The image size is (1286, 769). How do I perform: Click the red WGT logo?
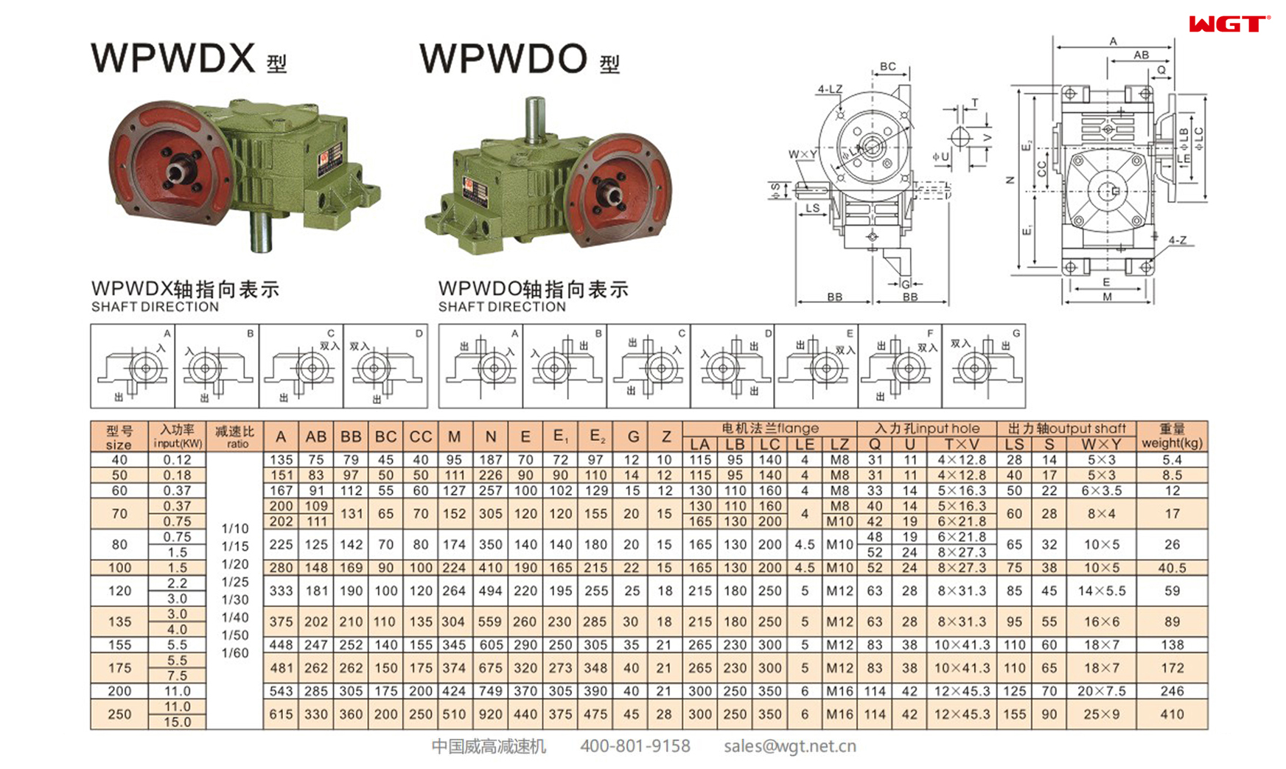click(x=1228, y=24)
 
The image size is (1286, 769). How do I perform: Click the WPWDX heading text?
click(x=173, y=58)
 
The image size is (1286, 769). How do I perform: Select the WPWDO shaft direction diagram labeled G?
click(x=983, y=366)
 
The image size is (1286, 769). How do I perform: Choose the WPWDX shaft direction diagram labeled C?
click(x=301, y=366)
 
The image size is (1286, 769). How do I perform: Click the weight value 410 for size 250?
click(x=1172, y=714)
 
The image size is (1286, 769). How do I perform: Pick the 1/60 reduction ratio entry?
click(x=235, y=653)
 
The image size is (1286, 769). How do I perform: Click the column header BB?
click(x=351, y=437)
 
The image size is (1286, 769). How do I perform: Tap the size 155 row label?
click(x=119, y=645)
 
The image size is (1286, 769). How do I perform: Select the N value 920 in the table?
click(x=490, y=714)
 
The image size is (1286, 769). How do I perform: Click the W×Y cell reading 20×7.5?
click(x=1101, y=692)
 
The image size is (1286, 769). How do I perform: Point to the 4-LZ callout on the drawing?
click(x=829, y=89)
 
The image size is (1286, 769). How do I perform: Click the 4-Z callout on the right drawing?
click(x=1177, y=240)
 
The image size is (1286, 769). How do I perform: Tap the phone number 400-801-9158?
click(x=635, y=746)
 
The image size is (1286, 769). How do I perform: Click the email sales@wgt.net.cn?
click(x=789, y=746)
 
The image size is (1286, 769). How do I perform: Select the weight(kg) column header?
click(x=1172, y=436)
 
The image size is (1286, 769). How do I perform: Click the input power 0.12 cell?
click(x=177, y=460)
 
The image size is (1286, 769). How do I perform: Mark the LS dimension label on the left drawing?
click(x=812, y=208)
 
